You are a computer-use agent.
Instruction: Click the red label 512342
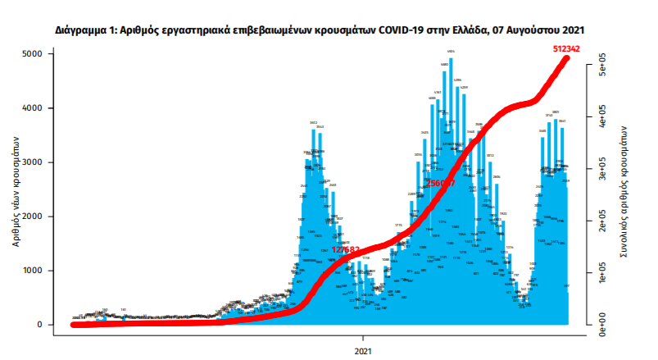click(566, 49)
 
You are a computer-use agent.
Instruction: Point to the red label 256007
click(440, 183)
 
